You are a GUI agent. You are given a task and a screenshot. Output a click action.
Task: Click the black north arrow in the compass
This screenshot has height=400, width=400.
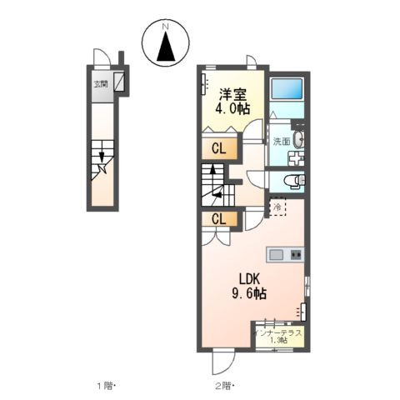[x=166, y=47]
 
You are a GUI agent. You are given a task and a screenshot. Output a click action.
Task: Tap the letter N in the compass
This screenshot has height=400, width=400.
[x=166, y=27]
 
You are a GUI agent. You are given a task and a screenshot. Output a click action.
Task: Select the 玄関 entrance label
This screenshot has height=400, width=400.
[x=101, y=84]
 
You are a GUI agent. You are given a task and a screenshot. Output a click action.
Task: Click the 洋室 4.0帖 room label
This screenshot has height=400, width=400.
[x=232, y=102]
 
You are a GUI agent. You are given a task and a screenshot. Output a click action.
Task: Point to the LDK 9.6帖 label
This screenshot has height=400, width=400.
[x=249, y=287]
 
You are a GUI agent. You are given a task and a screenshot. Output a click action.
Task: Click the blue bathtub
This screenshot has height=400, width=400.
[x=287, y=88]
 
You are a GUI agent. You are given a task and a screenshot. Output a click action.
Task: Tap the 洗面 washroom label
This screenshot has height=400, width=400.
[x=282, y=142]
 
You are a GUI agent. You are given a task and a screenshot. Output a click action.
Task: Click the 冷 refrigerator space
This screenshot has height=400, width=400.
[x=277, y=207]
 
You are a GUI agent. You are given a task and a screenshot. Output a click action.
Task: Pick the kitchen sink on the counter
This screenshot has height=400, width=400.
[x=277, y=254]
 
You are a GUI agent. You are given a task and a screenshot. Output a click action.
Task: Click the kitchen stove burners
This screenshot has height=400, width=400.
[x=296, y=254]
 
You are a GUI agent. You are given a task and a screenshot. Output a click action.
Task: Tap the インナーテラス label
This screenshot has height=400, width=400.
[x=278, y=332]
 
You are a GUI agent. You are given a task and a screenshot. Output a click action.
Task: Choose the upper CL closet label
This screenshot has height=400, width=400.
[x=219, y=149]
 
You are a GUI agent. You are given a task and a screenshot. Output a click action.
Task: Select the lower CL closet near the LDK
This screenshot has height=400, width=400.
[x=219, y=219]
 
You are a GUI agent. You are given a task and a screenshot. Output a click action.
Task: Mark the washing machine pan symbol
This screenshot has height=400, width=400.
[x=296, y=158]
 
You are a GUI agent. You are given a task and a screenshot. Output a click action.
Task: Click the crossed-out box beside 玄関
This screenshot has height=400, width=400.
[x=119, y=82]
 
